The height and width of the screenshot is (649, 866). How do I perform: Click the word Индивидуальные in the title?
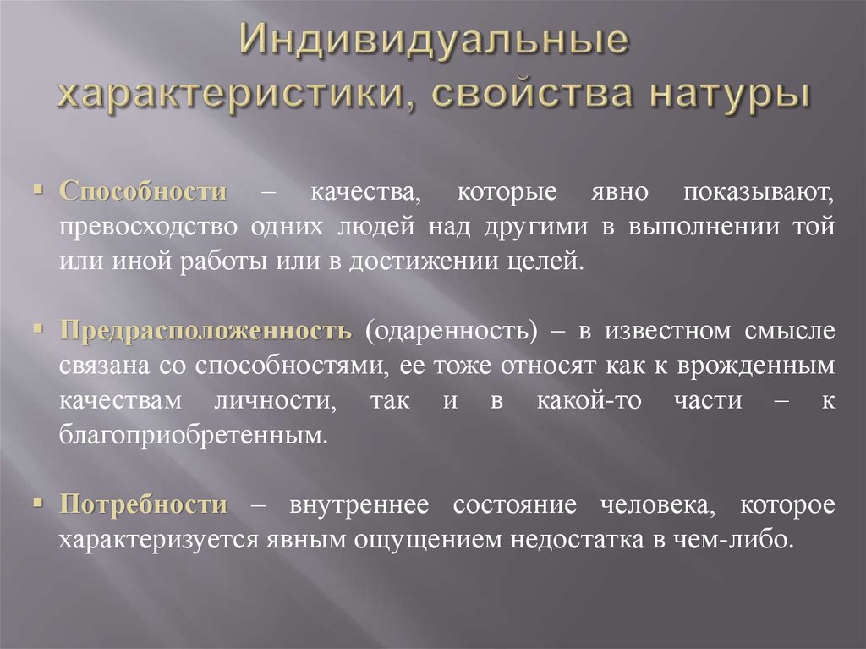432,45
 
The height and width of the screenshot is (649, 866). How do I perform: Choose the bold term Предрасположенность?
206,331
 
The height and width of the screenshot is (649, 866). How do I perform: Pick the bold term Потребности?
143,505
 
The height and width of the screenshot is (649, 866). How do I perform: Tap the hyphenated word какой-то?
580,401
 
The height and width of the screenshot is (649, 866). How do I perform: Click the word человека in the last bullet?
650,505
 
